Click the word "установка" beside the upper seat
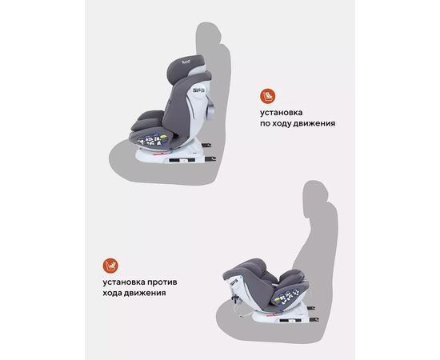(281, 113)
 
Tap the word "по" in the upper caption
(266, 123)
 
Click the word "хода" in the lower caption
(112, 293)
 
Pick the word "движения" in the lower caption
(145, 294)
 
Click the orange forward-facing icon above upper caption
(267, 96)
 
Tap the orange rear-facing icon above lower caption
(110, 266)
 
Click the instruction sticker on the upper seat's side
(152, 140)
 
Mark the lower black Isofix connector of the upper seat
(210, 159)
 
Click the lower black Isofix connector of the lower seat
(314, 319)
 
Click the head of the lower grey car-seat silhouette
(315, 194)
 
